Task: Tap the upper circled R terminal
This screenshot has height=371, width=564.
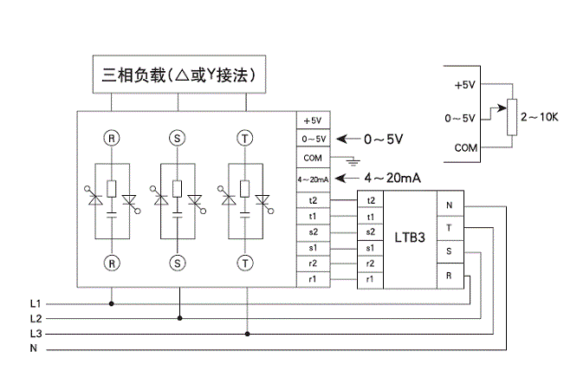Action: [111, 137]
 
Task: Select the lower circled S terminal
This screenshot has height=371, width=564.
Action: [178, 261]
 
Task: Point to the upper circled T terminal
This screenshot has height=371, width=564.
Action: [247, 137]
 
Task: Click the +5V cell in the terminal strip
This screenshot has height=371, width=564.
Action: [312, 120]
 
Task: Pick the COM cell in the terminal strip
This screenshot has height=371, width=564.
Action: [312, 159]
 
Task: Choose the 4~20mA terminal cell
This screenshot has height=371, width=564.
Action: [312, 179]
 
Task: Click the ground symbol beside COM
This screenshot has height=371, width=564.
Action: [351, 161]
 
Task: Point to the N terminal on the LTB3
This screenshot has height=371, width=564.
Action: [449, 205]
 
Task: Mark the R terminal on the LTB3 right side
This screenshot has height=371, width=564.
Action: [449, 275]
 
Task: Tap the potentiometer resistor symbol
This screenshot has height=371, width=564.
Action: [511, 114]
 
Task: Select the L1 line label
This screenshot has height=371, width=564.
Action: [36, 303]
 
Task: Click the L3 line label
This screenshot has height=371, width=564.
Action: [36, 334]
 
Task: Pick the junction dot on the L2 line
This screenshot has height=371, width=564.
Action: [179, 318]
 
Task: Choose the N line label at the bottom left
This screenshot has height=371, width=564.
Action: [33, 348]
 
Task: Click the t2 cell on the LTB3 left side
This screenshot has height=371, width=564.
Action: [370, 200]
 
